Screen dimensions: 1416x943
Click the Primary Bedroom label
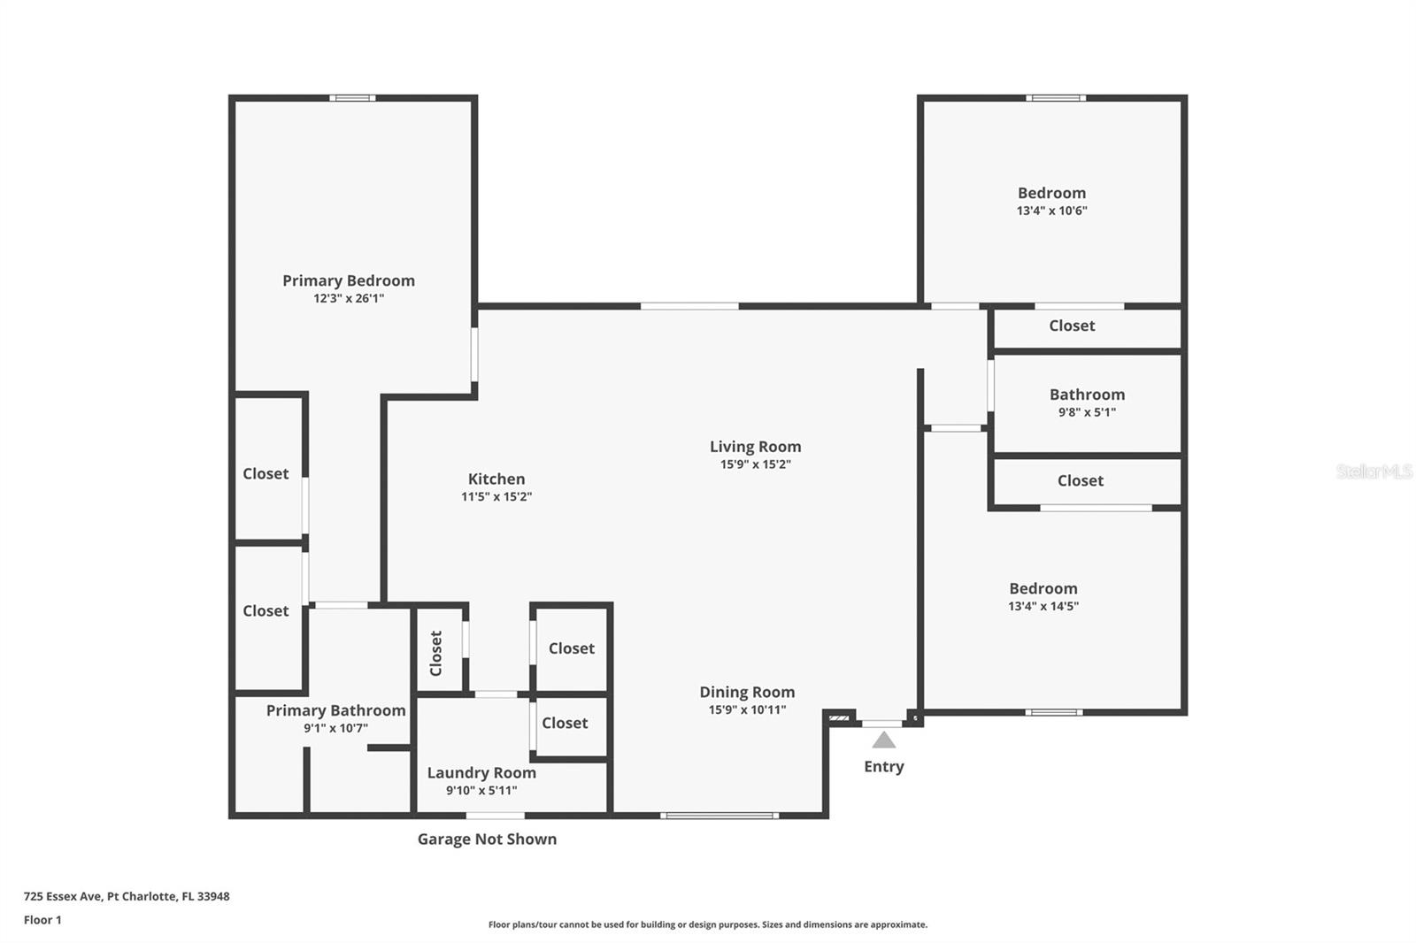[349, 280]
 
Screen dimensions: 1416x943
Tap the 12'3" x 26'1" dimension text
[349, 298]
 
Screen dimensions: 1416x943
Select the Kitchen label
[496, 479]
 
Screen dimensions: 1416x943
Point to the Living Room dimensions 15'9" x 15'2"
[756, 464]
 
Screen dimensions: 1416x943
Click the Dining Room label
[747, 692]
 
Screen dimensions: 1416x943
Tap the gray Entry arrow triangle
[884, 740]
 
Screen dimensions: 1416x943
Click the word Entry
[884, 767]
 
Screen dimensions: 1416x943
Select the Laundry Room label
[481, 772]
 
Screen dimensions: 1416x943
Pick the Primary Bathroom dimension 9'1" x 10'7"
[335, 728]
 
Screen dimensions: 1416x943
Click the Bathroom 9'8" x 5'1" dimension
[1088, 412]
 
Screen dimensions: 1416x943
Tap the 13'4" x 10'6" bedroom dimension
[1052, 211]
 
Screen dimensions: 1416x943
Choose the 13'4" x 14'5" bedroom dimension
[1043, 606]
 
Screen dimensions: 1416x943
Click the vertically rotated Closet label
[435, 654]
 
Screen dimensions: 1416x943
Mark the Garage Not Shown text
[487, 839]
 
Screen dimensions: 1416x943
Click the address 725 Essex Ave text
[63, 896]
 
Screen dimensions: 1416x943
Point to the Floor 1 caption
[42, 920]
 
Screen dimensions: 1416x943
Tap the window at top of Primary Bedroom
[352, 98]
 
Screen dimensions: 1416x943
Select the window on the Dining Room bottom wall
[720, 816]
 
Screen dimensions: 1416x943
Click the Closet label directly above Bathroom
[1072, 326]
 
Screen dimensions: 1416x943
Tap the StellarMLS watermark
[1374, 471]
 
